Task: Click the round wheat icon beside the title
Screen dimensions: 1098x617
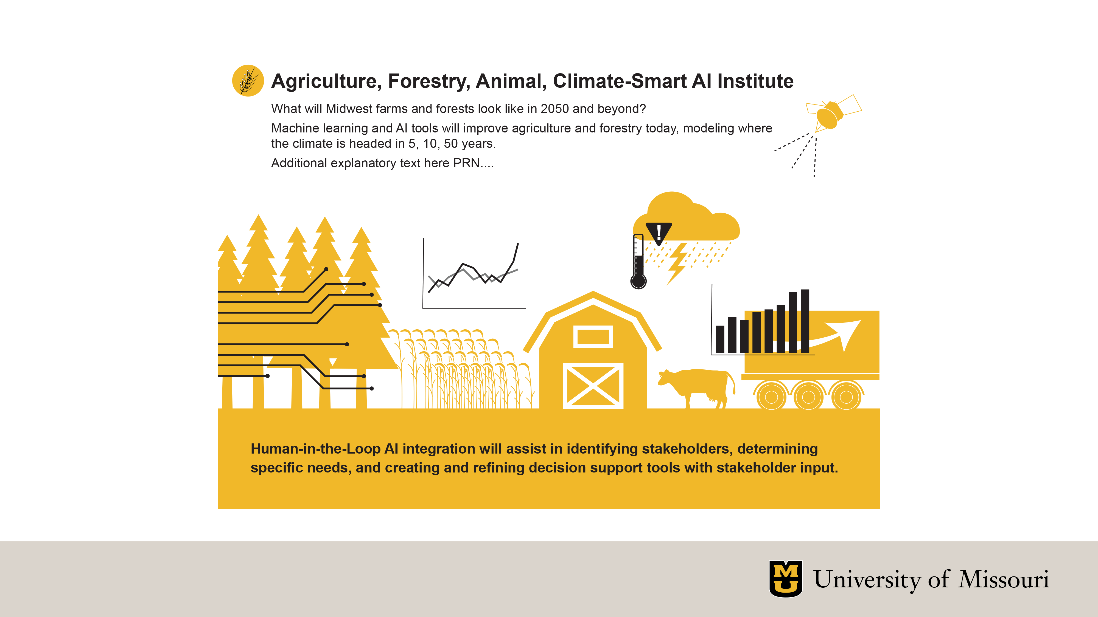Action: tap(248, 80)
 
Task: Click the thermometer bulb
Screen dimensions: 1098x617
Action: tap(638, 281)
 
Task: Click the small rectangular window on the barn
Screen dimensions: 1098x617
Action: tap(593, 337)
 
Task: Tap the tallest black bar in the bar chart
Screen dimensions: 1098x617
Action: tap(805, 321)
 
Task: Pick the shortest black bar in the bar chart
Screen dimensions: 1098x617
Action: tap(720, 339)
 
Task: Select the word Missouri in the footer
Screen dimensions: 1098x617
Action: tap(1004, 579)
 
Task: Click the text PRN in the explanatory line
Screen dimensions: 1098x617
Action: tap(466, 163)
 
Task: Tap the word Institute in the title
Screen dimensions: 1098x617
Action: tap(755, 81)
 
